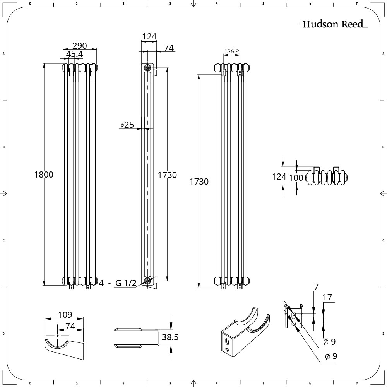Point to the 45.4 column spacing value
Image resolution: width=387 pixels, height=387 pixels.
point(75,54)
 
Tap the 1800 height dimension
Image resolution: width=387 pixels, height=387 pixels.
point(44,175)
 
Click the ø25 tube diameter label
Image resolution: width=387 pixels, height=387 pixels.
point(127,125)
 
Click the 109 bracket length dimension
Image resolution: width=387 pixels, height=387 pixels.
point(64,315)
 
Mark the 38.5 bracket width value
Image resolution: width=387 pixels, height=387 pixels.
point(170,337)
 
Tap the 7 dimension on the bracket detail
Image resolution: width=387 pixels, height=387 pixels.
point(316,287)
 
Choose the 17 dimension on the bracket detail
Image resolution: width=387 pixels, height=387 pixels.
point(327,298)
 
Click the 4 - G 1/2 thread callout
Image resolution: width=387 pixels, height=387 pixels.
point(118,284)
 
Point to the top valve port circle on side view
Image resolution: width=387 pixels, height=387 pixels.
point(147,67)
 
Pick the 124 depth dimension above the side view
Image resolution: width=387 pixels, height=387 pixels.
point(149,37)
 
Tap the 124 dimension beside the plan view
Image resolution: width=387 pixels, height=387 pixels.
point(279,177)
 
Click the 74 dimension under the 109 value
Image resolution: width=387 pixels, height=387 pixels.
point(70,326)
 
